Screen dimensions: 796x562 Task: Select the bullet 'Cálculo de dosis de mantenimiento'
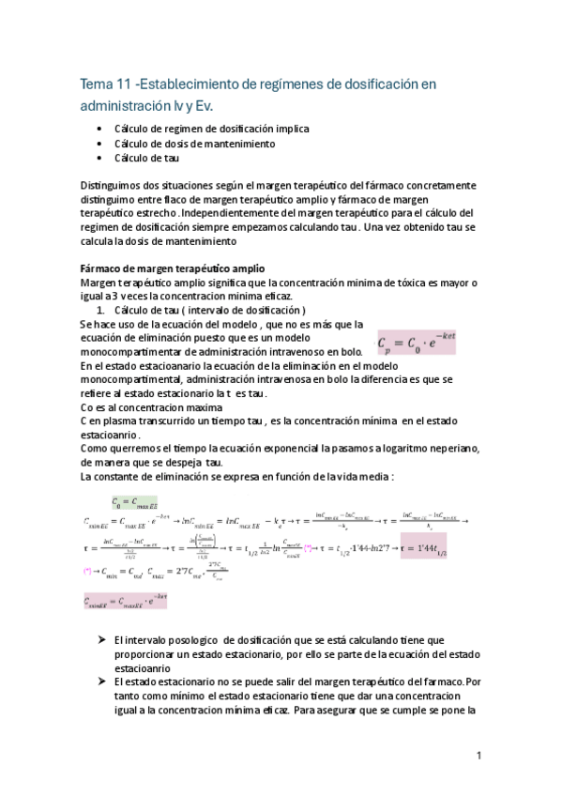pos(194,144)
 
